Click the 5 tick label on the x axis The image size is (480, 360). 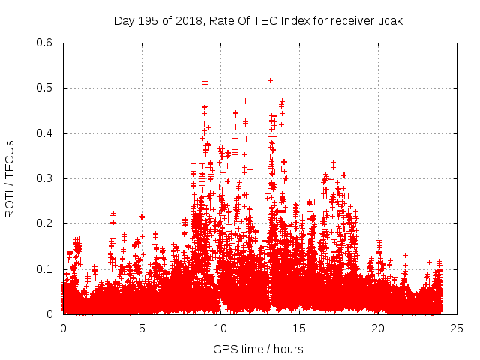[x=142, y=328]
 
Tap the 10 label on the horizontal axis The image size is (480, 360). [x=220, y=328]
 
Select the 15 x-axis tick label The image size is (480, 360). [x=299, y=328]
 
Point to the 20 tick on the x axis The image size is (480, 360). [x=378, y=328]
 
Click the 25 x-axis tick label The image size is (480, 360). [x=457, y=328]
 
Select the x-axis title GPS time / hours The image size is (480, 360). [x=258, y=349]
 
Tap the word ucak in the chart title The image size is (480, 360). [x=390, y=20]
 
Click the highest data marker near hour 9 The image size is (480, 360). [x=205, y=76]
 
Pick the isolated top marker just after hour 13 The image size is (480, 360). [x=270, y=80]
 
